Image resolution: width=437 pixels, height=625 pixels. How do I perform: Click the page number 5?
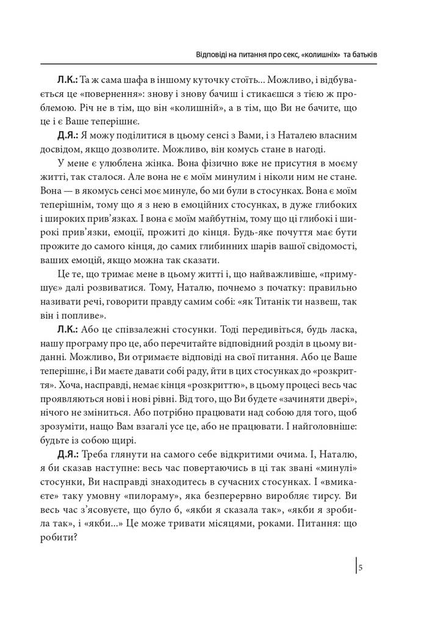[361, 568]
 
